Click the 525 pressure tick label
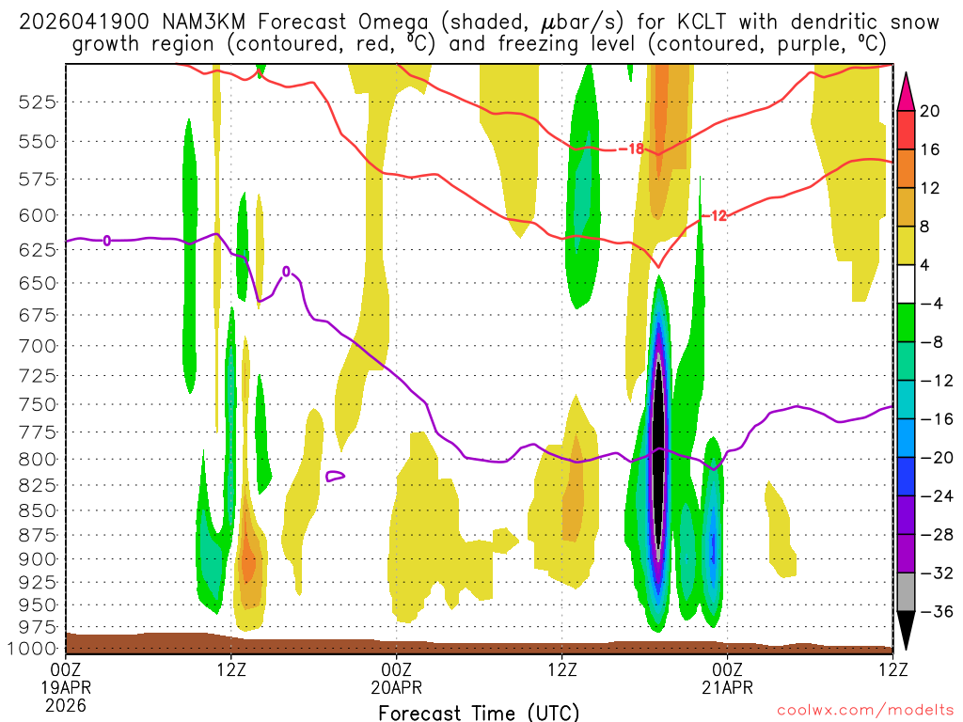click(x=39, y=102)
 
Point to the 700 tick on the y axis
click(x=39, y=346)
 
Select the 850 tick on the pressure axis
click(x=39, y=511)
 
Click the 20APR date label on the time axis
click(x=397, y=687)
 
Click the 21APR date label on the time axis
click(x=727, y=687)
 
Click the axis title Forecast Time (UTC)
click(x=479, y=713)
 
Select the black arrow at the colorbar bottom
click(x=907, y=636)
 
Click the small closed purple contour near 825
click(x=335, y=477)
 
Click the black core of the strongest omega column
click(x=659, y=451)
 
